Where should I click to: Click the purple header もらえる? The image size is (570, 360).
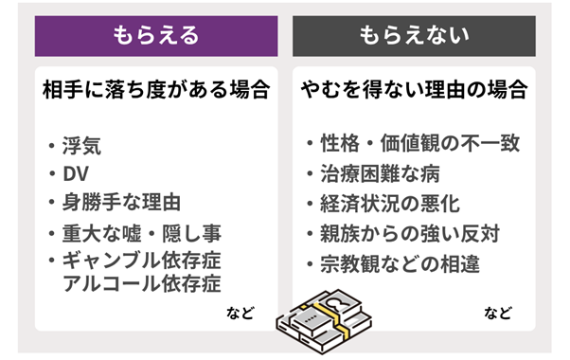click(156, 35)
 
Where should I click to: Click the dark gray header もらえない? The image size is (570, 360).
click(414, 35)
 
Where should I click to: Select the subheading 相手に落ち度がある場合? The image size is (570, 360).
click(156, 92)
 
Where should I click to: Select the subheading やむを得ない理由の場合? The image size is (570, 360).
click(414, 92)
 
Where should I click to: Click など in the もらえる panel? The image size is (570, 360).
click(240, 312)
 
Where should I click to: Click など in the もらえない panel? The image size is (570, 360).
click(498, 312)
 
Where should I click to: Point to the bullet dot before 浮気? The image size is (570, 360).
click(51, 148)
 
